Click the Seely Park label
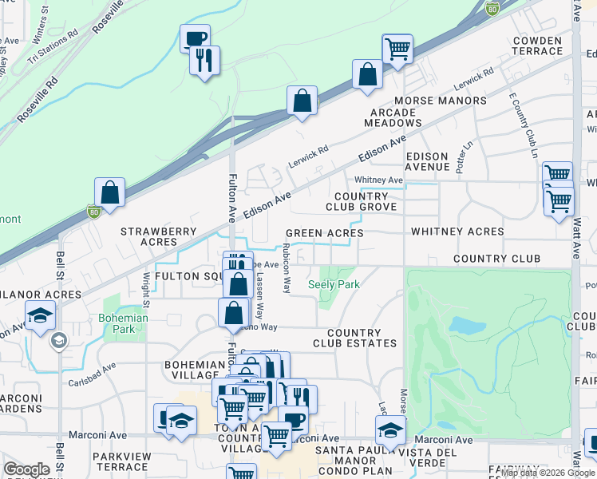tap(334, 284)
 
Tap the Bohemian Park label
tap(125, 323)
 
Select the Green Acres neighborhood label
tap(325, 233)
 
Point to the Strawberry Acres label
tap(158, 236)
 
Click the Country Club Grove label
tap(361, 201)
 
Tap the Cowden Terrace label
tap(538, 46)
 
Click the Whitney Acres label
tap(457, 232)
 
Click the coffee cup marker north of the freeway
tap(195, 38)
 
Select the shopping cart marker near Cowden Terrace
tap(397, 48)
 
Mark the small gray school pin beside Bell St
tap(58, 341)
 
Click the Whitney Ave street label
tap(378, 180)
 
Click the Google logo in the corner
tap(26, 469)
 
